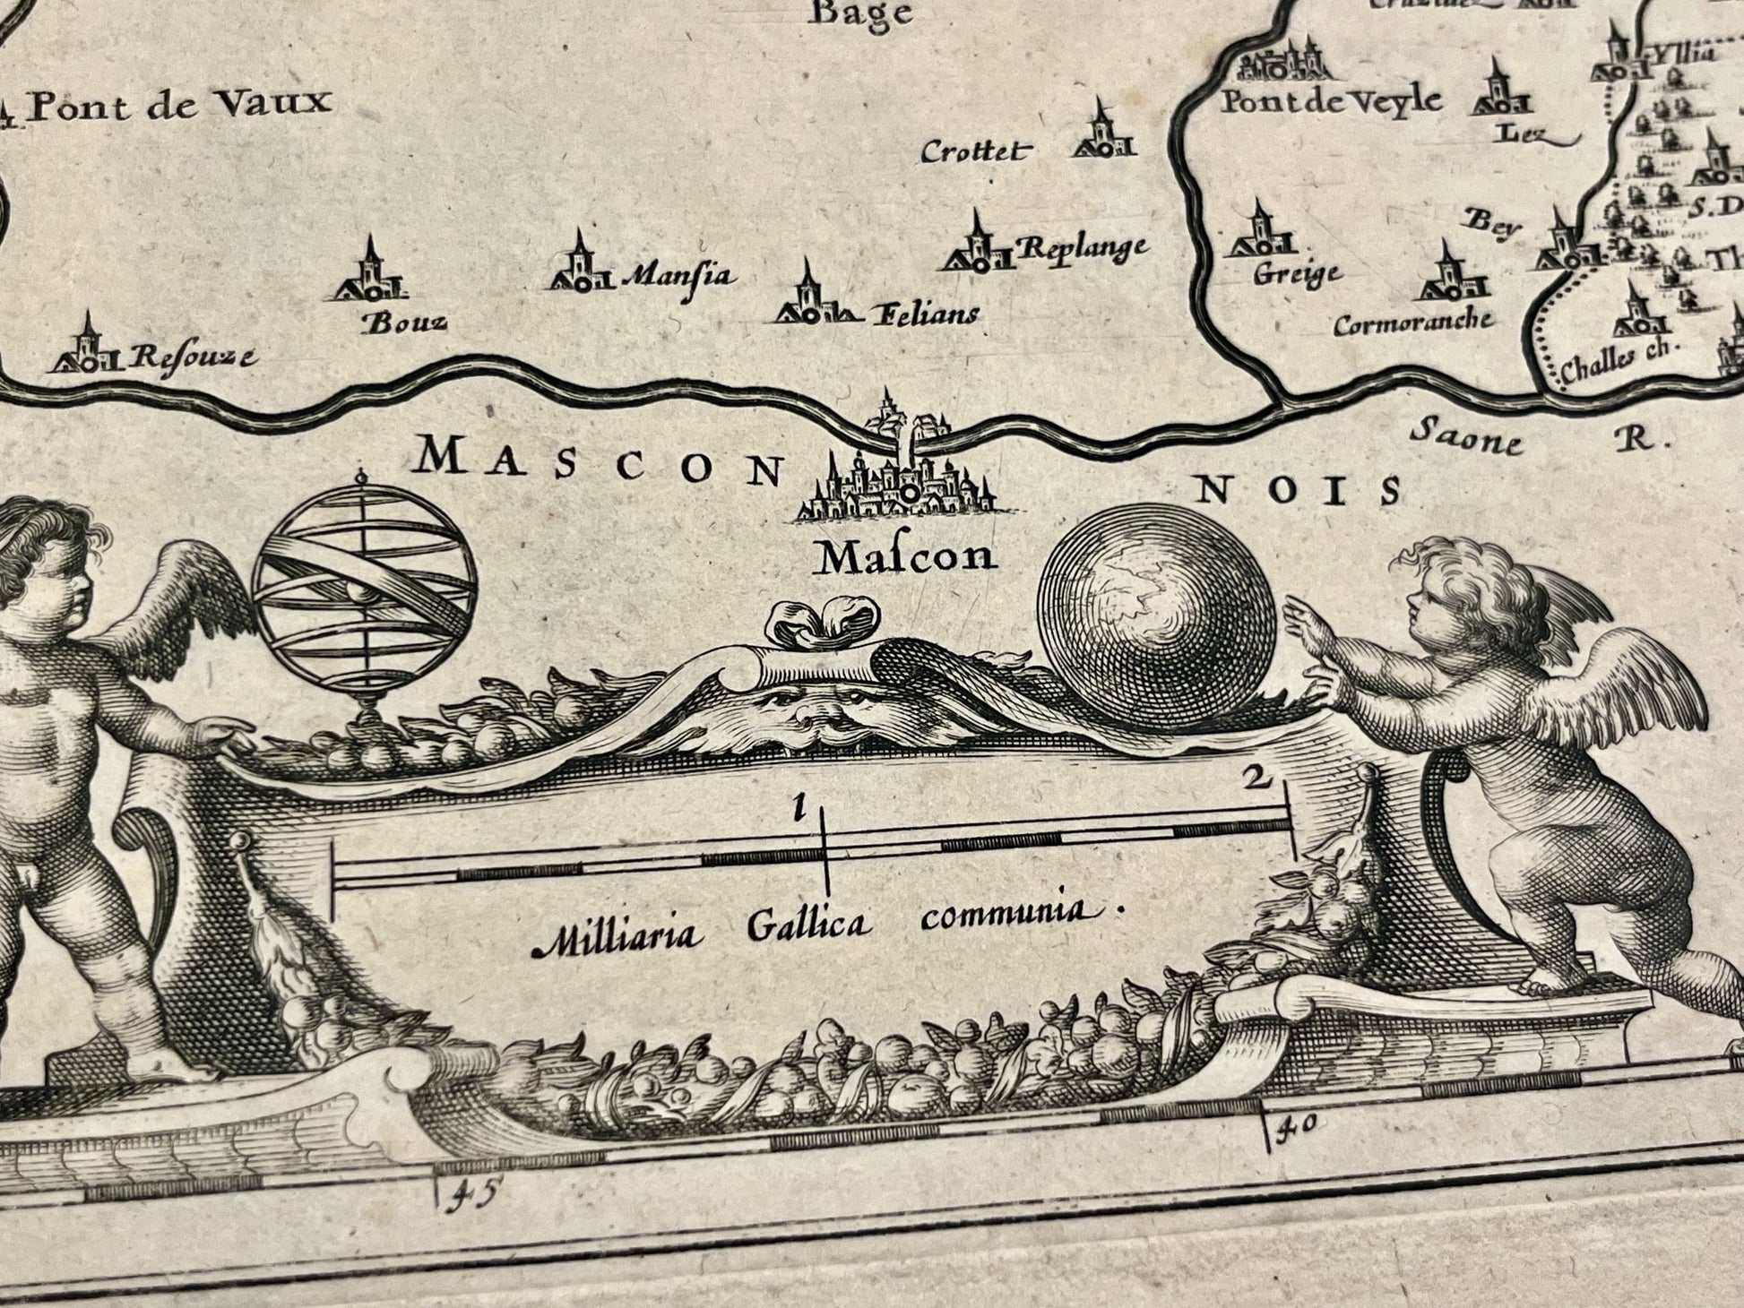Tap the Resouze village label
click(x=191, y=357)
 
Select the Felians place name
click(x=922, y=314)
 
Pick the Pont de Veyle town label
click(x=1332, y=99)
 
